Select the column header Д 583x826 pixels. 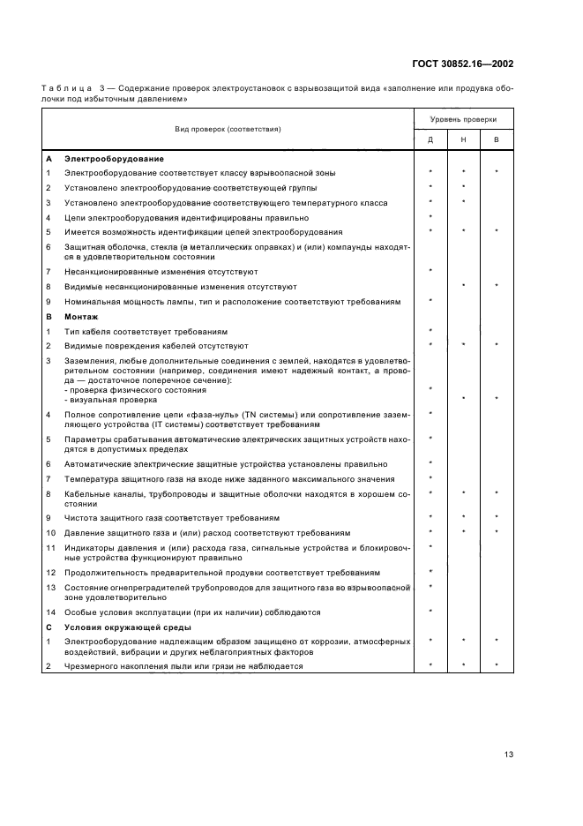pos(430,140)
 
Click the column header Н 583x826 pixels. pos(463,140)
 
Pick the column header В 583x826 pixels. pos(496,140)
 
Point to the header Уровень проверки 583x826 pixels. pos(463,119)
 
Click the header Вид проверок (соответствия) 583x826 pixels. pos(228,130)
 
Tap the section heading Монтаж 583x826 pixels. pos(81,316)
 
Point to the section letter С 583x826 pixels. pos(49,627)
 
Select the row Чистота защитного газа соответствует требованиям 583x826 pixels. pos(159,517)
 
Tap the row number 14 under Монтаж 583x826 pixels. pos(51,612)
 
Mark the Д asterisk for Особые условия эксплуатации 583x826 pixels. pos(430,611)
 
